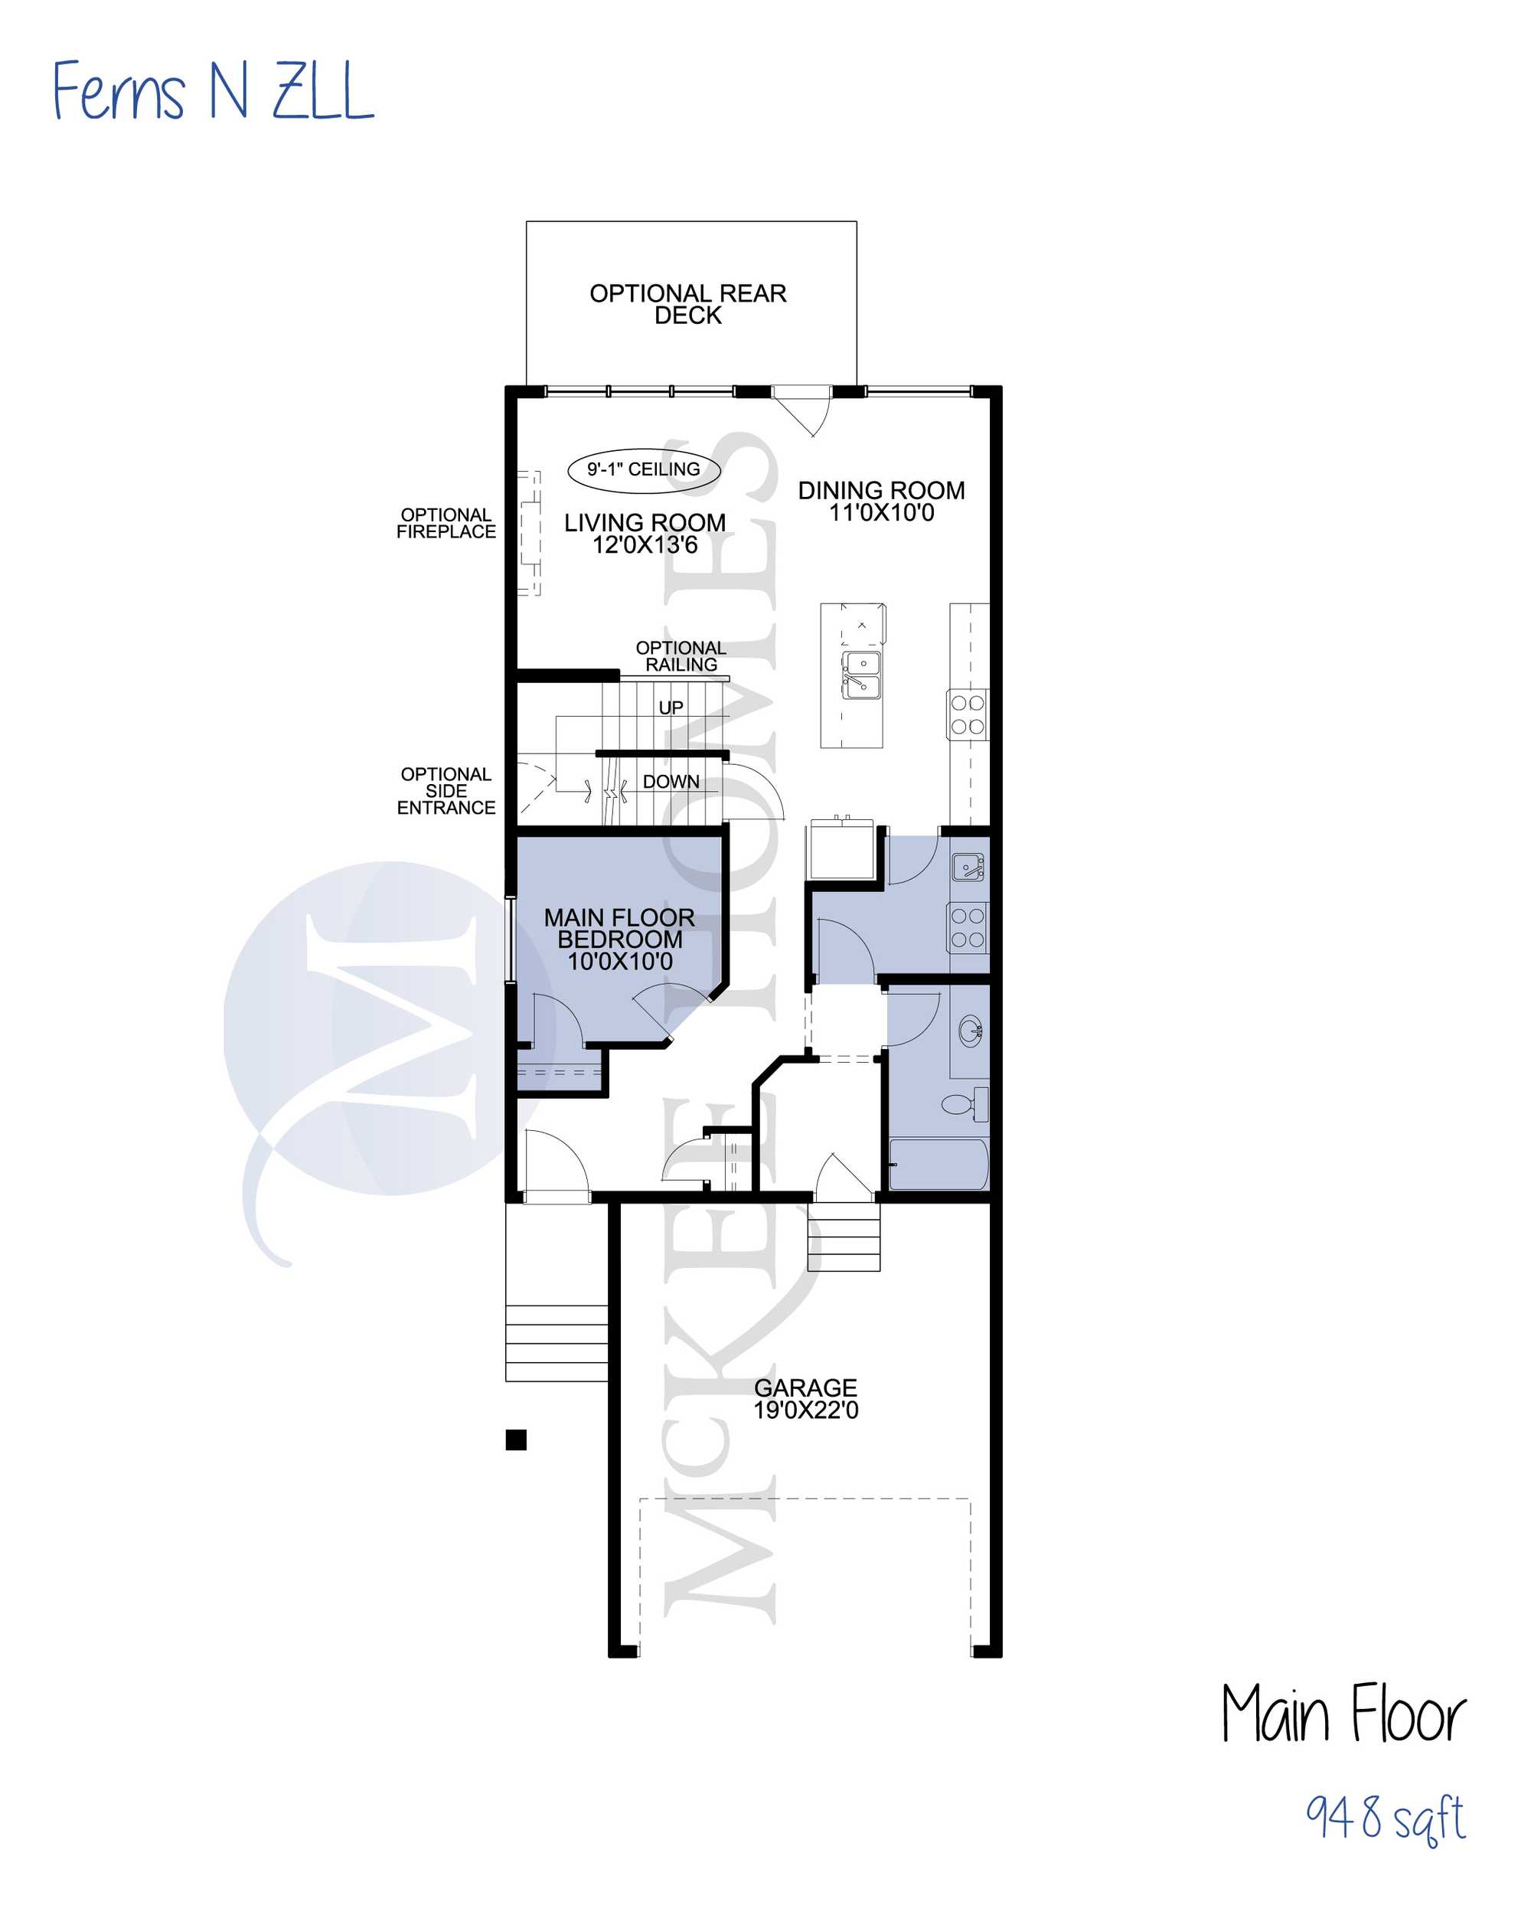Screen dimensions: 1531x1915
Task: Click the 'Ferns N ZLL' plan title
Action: click(x=213, y=90)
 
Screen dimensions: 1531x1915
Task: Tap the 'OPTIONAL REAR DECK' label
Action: click(x=688, y=304)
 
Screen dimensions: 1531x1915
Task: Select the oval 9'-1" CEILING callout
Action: click(x=644, y=470)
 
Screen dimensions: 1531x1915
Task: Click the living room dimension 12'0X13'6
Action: click(x=645, y=545)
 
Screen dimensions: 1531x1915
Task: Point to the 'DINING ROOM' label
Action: click(x=882, y=490)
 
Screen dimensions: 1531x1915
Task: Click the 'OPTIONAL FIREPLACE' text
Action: click(x=446, y=523)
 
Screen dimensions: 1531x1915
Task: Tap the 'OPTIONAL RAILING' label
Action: click(x=681, y=656)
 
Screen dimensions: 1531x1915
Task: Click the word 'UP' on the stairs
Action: click(x=671, y=708)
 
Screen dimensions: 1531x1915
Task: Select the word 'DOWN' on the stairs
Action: click(x=671, y=782)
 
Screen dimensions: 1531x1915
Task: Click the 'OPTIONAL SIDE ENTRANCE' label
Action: click(x=446, y=790)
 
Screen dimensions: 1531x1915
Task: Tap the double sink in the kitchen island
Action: click(x=861, y=675)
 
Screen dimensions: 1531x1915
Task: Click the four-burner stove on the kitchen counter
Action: click(x=967, y=715)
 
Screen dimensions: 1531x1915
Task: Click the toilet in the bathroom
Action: click(x=965, y=1104)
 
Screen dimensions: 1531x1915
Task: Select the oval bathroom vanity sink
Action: click(x=971, y=1031)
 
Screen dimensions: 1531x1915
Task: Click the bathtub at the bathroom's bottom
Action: click(x=939, y=1165)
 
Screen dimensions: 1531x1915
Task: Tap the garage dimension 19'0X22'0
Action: click(x=806, y=1410)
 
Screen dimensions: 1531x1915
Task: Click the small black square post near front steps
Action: click(x=516, y=1440)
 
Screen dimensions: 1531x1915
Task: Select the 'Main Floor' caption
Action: click(x=1343, y=1714)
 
